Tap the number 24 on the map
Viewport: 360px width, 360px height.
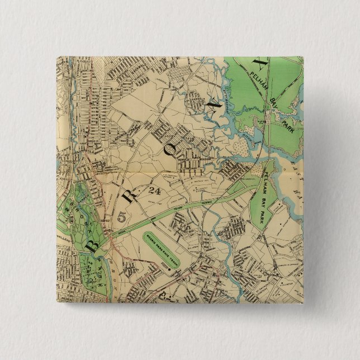[155, 191]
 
